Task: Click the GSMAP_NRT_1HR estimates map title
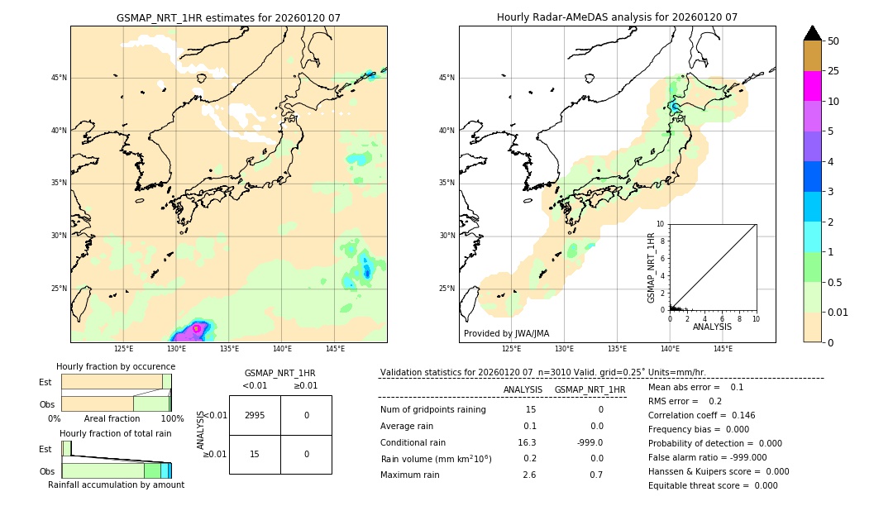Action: tap(228, 17)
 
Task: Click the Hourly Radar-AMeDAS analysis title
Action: tap(617, 17)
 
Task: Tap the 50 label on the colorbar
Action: tap(833, 41)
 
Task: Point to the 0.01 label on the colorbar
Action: tap(838, 312)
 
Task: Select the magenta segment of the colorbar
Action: tap(812, 86)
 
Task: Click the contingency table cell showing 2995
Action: tap(255, 415)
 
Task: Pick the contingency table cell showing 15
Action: tap(255, 454)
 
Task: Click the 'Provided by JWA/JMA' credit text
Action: tap(506, 333)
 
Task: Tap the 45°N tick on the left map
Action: tap(59, 78)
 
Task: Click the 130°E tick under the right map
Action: tap(564, 349)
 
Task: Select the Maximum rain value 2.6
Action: tap(529, 475)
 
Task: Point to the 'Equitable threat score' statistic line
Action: tap(713, 485)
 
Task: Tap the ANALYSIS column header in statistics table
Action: tap(523, 389)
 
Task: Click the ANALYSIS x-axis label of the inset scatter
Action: tap(712, 327)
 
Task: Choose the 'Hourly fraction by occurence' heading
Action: tap(113, 366)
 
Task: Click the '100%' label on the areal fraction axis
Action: tap(172, 418)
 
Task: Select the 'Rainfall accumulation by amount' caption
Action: tap(116, 485)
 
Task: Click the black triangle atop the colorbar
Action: tap(812, 33)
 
